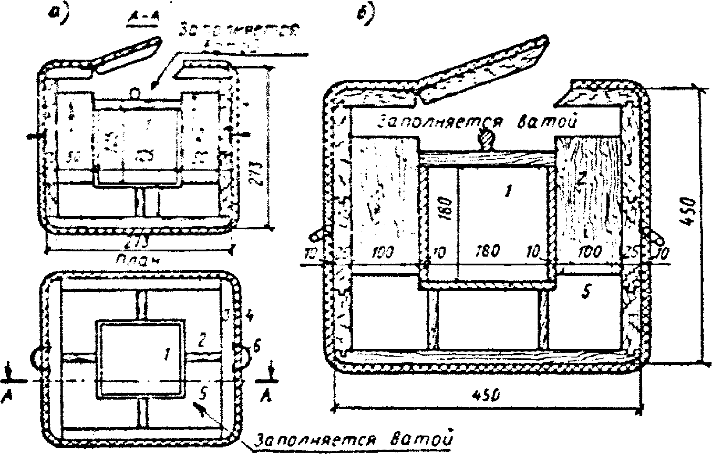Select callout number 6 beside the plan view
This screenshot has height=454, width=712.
pyautogui.click(x=257, y=348)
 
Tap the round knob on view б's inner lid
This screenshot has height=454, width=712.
pyautogui.click(x=486, y=140)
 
